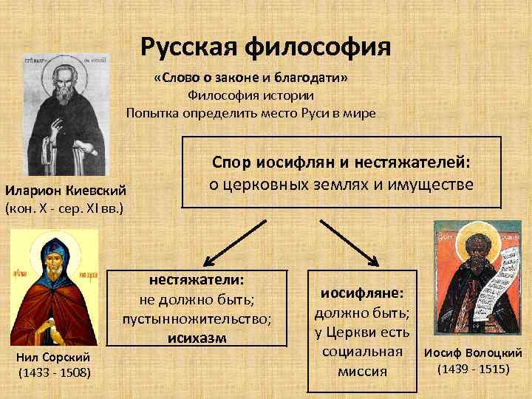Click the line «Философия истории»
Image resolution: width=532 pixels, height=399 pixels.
coord(250,95)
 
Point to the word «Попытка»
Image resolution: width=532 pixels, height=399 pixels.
coord(151,113)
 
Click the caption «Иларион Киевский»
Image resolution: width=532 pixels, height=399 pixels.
coord(66,190)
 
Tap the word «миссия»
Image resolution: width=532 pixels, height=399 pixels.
coord(362,371)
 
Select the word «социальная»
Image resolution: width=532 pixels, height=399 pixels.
coord(362,352)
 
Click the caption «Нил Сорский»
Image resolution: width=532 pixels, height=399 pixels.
coord(54,358)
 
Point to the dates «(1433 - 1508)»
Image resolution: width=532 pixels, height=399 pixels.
coord(54,372)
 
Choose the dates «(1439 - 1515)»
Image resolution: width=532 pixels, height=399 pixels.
coord(473,367)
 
